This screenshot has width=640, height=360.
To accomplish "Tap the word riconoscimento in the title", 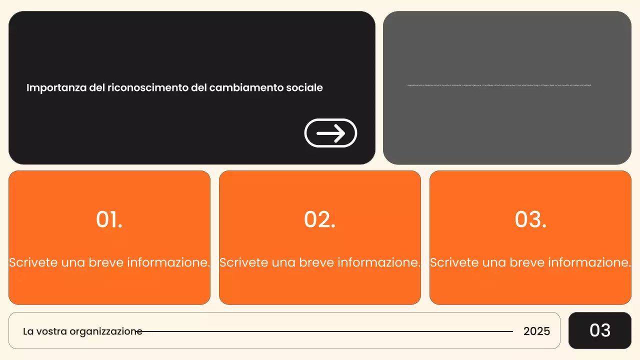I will point(148,88).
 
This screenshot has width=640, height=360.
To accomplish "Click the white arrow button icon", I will point(330,133).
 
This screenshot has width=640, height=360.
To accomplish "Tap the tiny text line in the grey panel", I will point(499,85).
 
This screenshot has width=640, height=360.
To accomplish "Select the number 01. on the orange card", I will point(109,219).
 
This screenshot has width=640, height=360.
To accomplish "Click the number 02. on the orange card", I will point(320,219).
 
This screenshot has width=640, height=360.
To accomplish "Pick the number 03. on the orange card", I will point(530,219).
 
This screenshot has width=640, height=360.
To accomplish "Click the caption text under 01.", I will point(109,262).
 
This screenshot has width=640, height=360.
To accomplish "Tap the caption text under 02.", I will point(320,262).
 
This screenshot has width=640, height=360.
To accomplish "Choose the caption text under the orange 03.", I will point(530,262).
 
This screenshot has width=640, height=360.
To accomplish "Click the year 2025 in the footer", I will point(536,331).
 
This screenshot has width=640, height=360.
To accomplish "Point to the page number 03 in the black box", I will point(600,330).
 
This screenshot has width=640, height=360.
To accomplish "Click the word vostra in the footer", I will point(52,331).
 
